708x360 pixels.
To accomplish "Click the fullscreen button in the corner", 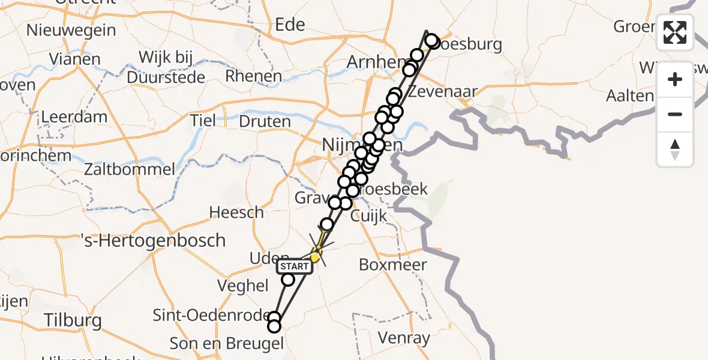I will (675, 32).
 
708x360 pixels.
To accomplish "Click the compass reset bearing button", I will (675, 149).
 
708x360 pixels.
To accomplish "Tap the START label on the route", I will (294, 266).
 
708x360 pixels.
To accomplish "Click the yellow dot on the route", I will (315, 257).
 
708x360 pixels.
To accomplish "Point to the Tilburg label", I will (73, 320).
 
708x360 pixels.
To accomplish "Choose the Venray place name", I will (404, 338).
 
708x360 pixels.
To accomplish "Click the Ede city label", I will (290, 25).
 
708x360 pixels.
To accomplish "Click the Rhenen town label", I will (253, 76).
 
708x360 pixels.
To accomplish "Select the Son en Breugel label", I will (226, 343).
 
